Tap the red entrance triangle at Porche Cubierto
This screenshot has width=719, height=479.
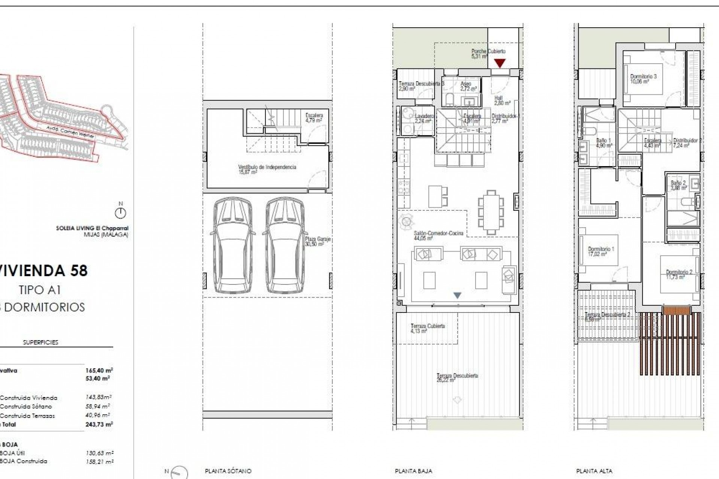coord(500,63)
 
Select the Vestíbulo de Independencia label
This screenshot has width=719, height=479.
coord(267,169)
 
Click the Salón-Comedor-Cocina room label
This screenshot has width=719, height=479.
coord(438,235)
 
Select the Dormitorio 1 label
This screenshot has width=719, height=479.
coord(601,251)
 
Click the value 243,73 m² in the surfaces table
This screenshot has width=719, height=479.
coord(99,424)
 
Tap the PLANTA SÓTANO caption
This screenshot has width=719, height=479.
coord(228,471)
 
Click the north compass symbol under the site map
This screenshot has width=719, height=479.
coord(121,213)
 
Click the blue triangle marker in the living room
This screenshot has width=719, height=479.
coord(457,295)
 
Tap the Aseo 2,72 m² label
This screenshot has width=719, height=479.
coord(468,86)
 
